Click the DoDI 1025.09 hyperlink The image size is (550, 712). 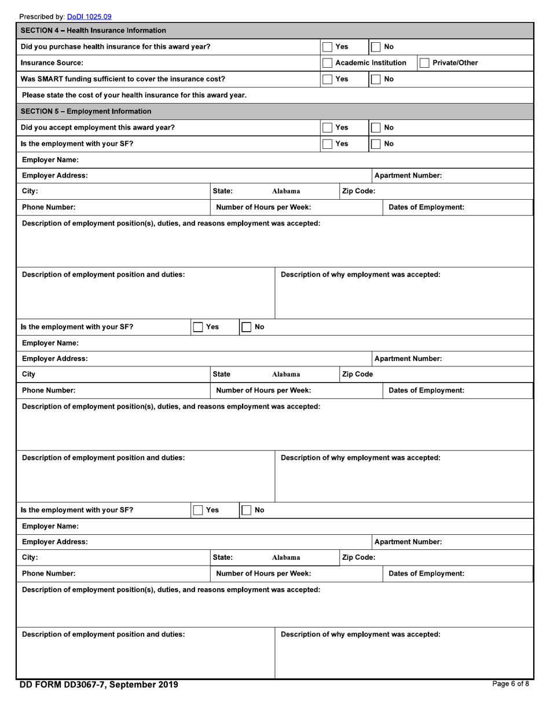89,17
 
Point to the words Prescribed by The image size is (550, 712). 42,17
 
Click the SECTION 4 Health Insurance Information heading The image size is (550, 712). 93,30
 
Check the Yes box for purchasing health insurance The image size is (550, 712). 327,46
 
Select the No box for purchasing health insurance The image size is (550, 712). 375,46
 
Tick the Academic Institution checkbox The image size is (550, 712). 327,63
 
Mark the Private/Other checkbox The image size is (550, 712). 424,63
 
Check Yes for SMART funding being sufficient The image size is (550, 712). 327,79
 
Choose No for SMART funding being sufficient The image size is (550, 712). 375,79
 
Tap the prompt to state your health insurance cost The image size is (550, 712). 134,95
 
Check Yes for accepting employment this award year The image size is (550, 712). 327,127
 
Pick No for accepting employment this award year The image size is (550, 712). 375,127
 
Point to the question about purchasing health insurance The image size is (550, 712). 115,46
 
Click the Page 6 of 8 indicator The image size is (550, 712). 510,684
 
